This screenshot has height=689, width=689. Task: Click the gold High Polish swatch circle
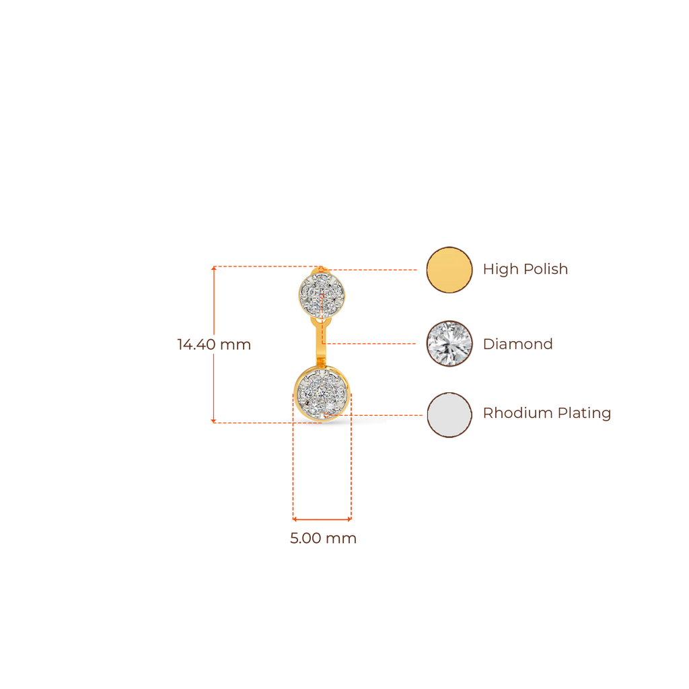point(449,270)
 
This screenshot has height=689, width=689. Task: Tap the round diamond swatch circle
point(449,344)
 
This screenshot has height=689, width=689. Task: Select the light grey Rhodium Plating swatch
point(449,414)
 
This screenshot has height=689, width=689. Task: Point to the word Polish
point(546,270)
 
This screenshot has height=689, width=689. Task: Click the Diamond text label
point(518,344)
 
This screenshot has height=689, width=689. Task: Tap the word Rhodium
point(515,413)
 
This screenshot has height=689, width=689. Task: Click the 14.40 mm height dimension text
point(213,345)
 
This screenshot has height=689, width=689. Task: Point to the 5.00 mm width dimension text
point(323,539)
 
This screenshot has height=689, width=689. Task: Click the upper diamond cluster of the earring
point(322,293)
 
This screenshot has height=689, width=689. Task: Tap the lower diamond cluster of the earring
point(322,393)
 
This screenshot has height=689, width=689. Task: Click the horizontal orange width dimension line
point(322,519)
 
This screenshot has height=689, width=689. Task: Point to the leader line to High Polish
point(377,270)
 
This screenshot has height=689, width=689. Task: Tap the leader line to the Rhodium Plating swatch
point(387,414)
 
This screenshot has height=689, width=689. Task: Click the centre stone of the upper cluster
point(322,294)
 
